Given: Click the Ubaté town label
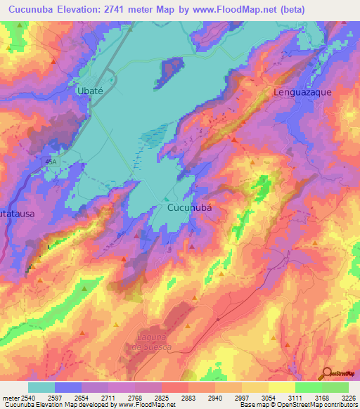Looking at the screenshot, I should point(90,91).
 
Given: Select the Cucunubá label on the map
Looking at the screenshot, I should point(189,208).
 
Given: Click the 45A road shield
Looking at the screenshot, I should point(50,161).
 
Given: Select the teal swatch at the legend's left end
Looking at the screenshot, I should point(41,387).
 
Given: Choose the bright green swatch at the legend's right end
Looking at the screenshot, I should point(335,387).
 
